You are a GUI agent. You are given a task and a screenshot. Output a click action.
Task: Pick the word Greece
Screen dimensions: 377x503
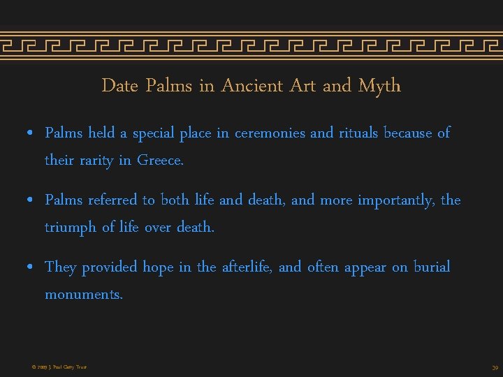[x=160, y=160]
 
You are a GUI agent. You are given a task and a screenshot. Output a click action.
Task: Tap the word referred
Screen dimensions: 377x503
[x=112, y=200]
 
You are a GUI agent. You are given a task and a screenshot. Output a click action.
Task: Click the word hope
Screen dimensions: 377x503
[x=158, y=267]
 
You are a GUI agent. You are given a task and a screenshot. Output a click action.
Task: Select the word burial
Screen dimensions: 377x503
[x=432, y=267]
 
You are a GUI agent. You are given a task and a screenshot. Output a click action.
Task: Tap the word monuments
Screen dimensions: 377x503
[x=83, y=295]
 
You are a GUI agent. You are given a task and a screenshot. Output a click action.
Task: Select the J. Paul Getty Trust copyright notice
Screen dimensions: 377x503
[x=59, y=367]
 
